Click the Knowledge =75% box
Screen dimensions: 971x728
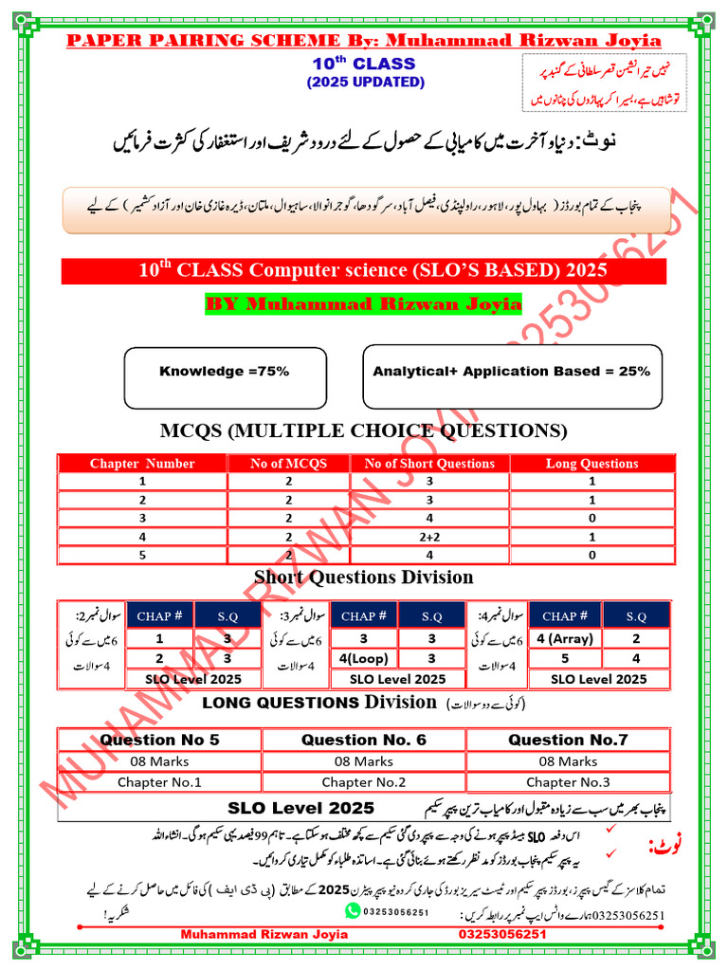(224, 371)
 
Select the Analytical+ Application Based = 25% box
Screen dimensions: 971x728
(511, 371)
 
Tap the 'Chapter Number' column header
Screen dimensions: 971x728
(142, 464)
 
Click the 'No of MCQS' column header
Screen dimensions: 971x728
(288, 464)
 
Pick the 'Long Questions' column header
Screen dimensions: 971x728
(591, 464)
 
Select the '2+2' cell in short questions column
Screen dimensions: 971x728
(429, 536)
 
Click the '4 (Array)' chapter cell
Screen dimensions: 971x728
(564, 639)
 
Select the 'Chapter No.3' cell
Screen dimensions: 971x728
(566, 782)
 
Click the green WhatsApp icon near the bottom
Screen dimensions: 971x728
(354, 910)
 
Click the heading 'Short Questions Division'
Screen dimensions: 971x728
(363, 577)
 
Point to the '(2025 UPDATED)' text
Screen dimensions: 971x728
(365, 82)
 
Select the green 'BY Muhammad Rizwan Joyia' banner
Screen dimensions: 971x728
(363, 304)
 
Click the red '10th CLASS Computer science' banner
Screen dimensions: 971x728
(363, 270)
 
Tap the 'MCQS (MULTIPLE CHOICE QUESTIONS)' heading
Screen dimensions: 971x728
(363, 431)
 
